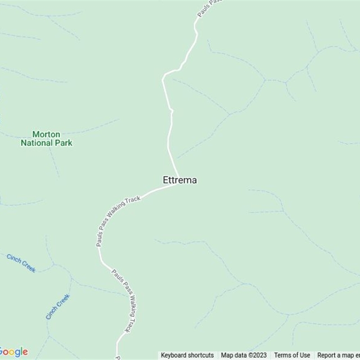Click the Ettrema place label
point(180,180)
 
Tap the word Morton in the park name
point(46,135)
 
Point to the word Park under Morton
point(64,143)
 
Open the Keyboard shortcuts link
point(187,355)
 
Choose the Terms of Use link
point(292,355)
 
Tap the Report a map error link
point(338,355)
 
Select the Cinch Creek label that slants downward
point(21,263)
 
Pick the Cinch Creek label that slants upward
point(58,306)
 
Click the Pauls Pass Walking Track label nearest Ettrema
point(118,221)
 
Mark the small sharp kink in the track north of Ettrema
point(171,110)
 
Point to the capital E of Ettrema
point(166,180)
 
